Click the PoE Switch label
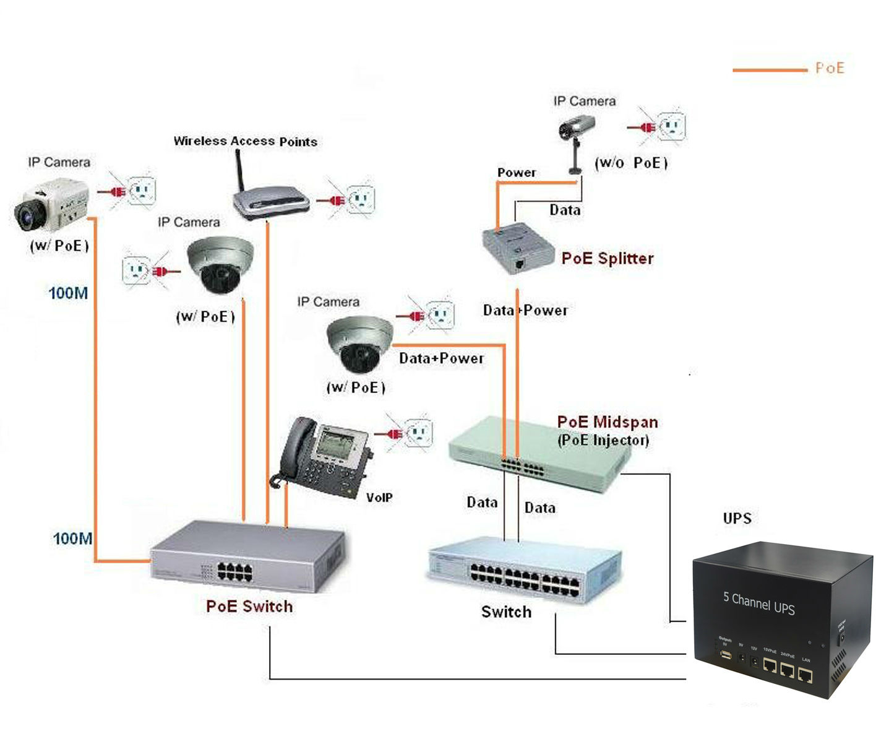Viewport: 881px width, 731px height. pyautogui.click(x=249, y=606)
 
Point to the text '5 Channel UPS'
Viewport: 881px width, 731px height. pyautogui.click(x=759, y=603)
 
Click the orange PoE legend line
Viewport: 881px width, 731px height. pyautogui.click(x=770, y=70)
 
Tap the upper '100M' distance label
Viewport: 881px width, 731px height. pyautogui.click(x=68, y=293)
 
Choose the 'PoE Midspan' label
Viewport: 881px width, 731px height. pyautogui.click(x=608, y=422)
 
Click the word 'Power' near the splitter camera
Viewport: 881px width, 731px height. pyautogui.click(x=517, y=173)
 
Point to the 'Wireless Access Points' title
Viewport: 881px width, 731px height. pyautogui.click(x=245, y=141)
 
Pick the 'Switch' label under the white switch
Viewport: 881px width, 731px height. pyautogui.click(x=506, y=612)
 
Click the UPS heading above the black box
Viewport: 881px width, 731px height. pyautogui.click(x=737, y=518)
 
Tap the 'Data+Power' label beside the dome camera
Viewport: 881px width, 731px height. pyautogui.click(x=441, y=358)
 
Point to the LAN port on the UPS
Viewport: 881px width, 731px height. pyautogui.click(x=805, y=674)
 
